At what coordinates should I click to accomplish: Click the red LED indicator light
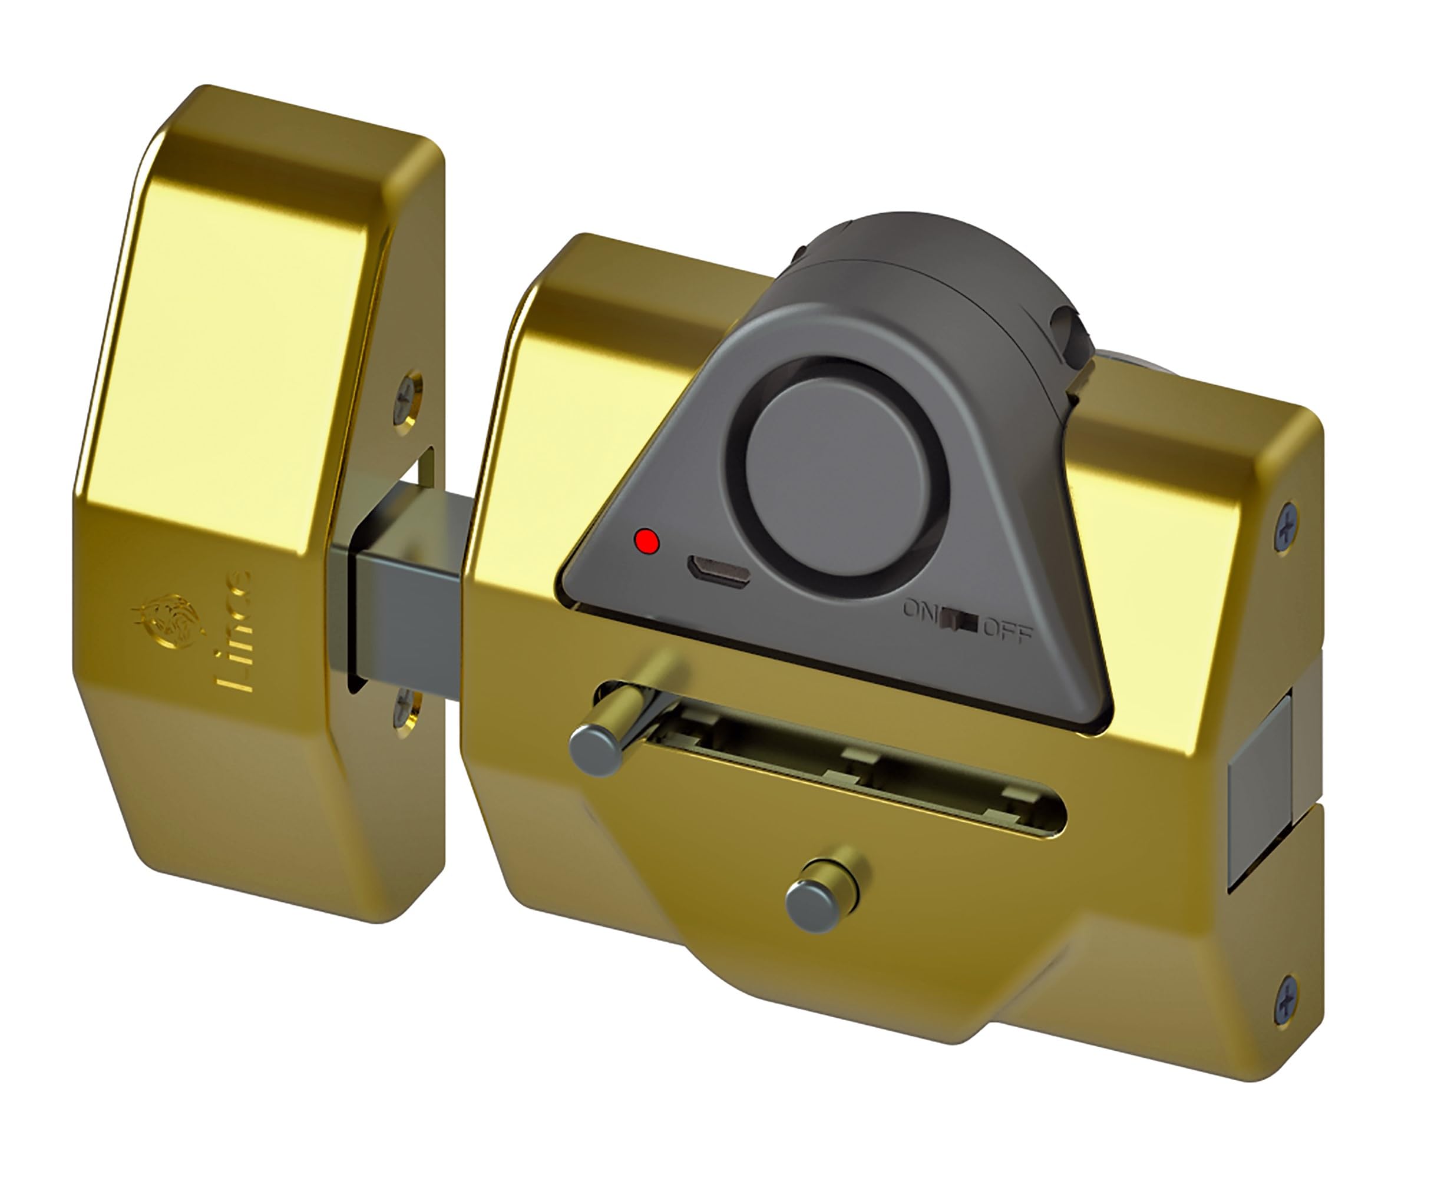pos(646,541)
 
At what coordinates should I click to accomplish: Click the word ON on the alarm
pos(918,608)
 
